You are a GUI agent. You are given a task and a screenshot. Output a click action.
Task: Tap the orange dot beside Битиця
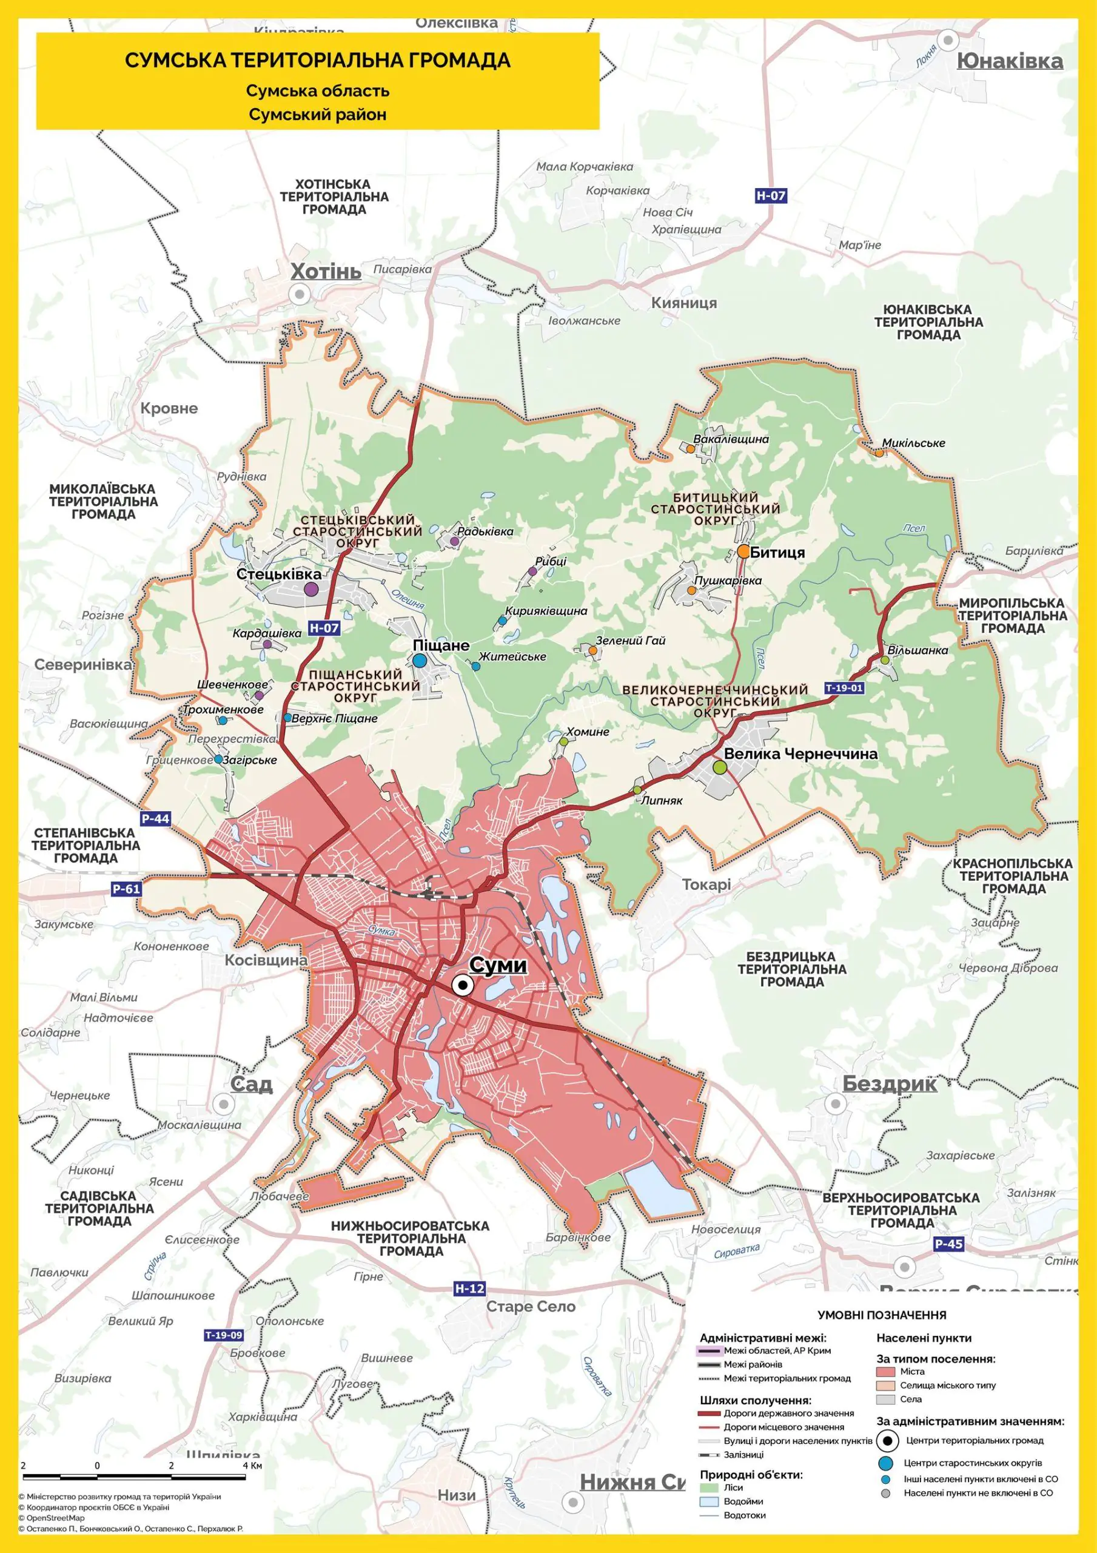(743, 551)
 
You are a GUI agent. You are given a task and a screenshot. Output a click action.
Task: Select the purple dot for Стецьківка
(311, 588)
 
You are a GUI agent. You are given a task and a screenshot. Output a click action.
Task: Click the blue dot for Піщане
(419, 660)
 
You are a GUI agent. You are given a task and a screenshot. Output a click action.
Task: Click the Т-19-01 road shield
(844, 688)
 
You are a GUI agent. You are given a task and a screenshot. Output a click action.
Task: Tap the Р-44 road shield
(156, 819)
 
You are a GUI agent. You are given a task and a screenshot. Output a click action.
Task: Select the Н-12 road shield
(469, 1289)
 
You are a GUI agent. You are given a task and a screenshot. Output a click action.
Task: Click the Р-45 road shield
(948, 1243)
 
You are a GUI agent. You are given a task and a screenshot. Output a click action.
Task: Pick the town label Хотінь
(326, 272)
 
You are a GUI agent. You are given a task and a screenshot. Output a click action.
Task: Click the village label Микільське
(913, 443)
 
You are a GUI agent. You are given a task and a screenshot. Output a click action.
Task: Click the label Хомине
(588, 731)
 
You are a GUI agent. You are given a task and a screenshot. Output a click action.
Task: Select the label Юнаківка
(1010, 61)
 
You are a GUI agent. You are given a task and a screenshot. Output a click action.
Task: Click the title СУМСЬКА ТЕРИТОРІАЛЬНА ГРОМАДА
(317, 60)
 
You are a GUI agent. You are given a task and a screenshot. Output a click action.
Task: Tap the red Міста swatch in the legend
(886, 1372)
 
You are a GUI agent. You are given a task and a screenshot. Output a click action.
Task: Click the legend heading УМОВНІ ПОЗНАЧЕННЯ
(881, 1316)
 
